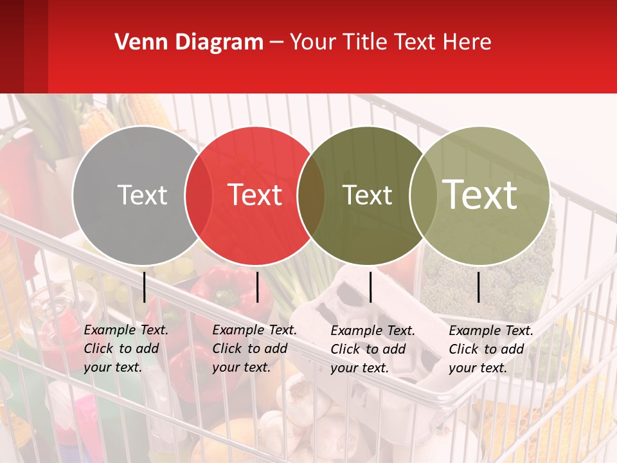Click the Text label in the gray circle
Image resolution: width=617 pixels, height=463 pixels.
(x=142, y=195)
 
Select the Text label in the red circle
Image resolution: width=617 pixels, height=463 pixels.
(x=255, y=195)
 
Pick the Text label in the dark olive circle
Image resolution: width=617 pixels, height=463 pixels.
(x=367, y=195)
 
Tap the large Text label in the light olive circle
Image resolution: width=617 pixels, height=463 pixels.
(x=480, y=194)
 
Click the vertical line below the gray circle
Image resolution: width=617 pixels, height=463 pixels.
(x=145, y=287)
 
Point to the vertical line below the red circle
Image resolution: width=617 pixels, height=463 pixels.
(x=257, y=287)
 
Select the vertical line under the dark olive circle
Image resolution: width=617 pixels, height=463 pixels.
(x=370, y=287)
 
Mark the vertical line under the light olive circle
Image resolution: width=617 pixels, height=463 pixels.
(x=479, y=287)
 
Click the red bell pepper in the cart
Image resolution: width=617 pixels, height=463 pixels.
(x=222, y=289)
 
